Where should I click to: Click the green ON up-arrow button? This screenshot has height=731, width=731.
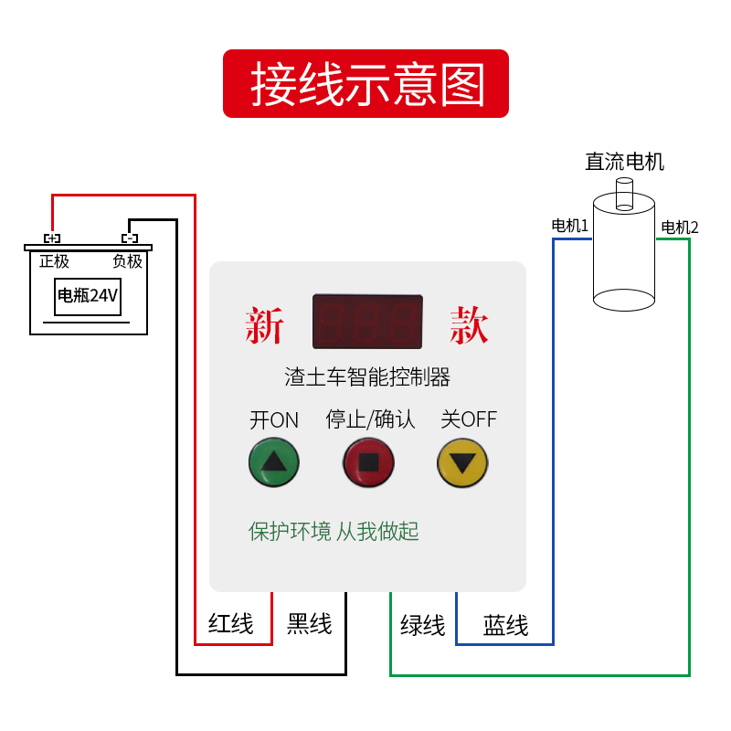273,462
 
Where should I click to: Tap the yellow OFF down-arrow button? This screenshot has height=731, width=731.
462,463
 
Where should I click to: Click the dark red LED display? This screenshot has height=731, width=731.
368,322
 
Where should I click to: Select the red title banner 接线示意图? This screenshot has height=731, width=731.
366,83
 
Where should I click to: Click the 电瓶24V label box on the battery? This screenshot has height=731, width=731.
88,296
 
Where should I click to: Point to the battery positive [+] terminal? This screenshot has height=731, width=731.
52,238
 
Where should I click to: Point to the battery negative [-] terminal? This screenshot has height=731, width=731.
130,238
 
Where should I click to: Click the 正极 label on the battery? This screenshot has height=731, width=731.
54,261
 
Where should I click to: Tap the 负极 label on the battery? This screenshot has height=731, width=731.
127,261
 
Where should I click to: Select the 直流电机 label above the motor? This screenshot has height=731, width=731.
624,162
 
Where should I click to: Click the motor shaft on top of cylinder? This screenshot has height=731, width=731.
624,194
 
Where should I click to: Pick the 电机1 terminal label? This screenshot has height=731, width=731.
569,226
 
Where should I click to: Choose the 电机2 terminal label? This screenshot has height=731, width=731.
680,228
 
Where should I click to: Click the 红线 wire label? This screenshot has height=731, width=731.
231,623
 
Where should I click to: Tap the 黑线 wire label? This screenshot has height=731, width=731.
310,623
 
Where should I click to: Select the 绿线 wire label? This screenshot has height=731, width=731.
423,625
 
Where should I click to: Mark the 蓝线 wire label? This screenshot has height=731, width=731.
506,625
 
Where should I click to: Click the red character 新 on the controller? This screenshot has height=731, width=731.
264,325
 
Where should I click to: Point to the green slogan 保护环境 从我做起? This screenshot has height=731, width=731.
334,532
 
